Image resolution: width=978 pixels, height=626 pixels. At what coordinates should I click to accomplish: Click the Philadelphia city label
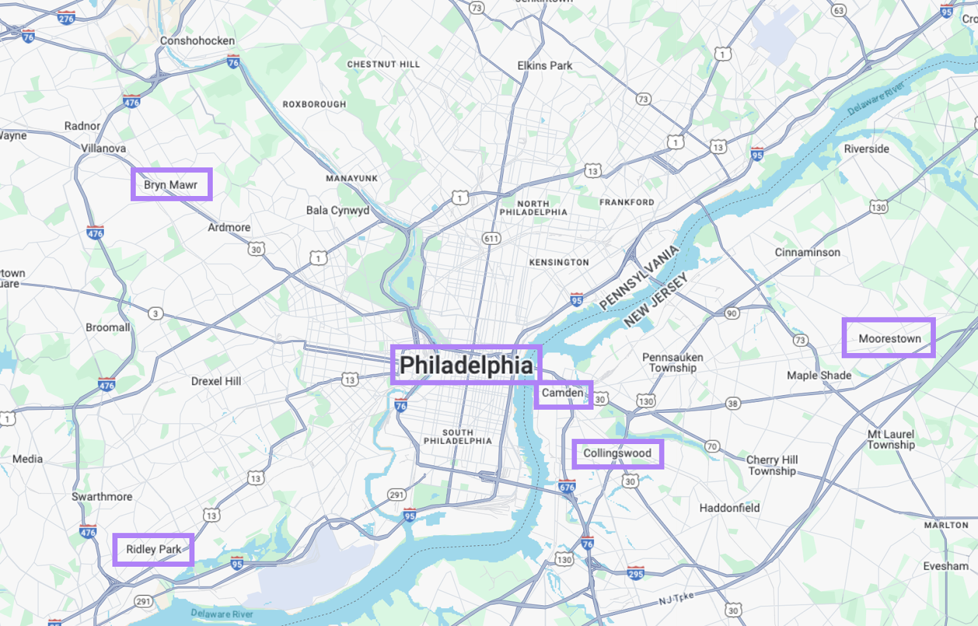pos(466,365)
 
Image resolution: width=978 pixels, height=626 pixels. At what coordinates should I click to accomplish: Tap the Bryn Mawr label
pos(171,184)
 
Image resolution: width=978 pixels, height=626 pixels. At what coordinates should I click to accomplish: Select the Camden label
pos(563,393)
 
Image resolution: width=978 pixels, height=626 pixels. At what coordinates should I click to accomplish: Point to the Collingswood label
pos(617,453)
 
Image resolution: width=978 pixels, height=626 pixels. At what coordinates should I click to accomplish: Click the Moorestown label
pos(889,338)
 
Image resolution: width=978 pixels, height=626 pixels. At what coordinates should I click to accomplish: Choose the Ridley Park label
pos(153,549)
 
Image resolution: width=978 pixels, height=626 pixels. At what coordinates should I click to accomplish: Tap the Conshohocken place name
pos(197,41)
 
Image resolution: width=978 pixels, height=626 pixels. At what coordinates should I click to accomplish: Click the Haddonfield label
pos(729,508)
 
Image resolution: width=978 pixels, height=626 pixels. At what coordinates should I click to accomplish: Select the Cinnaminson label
pos(807,252)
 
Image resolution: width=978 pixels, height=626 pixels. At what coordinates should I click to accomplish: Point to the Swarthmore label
pos(102,497)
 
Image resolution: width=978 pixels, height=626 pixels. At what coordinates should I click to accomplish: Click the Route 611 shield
pos(491,239)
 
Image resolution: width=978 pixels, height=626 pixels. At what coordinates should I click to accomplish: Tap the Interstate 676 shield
pos(567,487)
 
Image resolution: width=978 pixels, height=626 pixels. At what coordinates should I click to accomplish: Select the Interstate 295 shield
pos(636,573)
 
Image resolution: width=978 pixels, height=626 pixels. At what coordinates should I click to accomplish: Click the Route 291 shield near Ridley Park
pos(143,602)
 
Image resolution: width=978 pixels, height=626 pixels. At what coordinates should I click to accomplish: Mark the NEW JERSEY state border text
pos(656,300)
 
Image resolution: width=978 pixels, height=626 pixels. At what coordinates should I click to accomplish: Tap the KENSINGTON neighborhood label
pos(559,263)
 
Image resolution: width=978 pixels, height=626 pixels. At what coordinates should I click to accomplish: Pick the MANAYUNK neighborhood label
pos(351,178)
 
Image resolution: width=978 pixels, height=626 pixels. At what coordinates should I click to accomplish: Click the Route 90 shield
pos(732,313)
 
